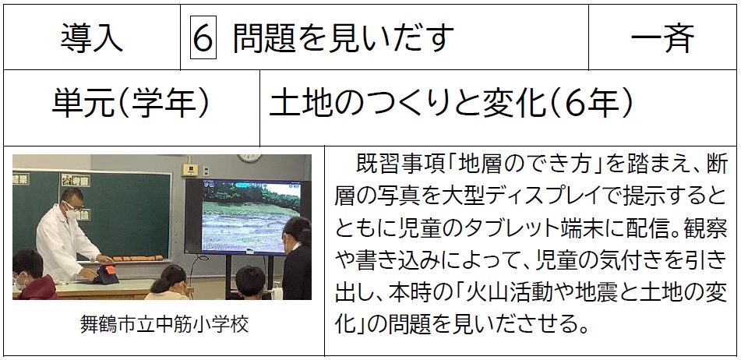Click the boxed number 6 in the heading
click(203, 37)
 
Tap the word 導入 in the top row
click(91, 38)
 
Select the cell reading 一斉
click(662, 38)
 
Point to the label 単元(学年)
click(131, 103)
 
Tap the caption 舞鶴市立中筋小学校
click(164, 324)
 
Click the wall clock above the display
click(249, 158)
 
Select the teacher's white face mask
click(72, 212)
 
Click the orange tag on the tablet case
click(109, 270)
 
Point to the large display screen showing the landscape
click(248, 216)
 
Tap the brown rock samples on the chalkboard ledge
click(137, 259)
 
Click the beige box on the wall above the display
click(189, 170)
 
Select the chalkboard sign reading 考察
click(76, 180)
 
